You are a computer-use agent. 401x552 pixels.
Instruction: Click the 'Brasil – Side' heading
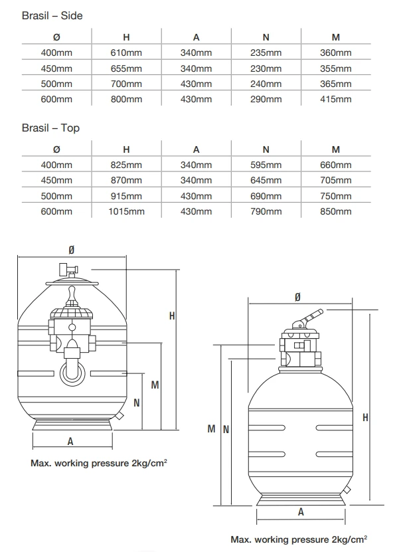[x=52, y=15]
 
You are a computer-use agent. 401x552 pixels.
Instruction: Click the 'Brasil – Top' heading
[x=50, y=128]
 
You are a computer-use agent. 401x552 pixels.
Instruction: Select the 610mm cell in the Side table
[x=126, y=52]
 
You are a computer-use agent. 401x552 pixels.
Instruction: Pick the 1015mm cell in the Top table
[x=126, y=212]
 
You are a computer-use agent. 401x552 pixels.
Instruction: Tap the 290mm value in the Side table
[x=266, y=99]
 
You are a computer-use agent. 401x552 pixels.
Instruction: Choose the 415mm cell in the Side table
[x=335, y=99]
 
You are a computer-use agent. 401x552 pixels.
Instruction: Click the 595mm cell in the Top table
[x=266, y=165]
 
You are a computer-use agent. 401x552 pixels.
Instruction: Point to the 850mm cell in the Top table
[x=335, y=212]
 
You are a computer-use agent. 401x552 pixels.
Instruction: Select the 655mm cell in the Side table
[x=126, y=68]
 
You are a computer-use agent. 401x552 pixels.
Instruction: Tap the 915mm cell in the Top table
[x=126, y=196]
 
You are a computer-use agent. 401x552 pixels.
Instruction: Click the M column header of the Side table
[x=335, y=37]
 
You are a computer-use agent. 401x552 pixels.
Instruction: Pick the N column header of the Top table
[x=266, y=150]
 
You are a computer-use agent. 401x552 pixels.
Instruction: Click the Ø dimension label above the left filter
[x=72, y=249]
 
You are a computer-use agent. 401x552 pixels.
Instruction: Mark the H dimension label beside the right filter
[x=366, y=416]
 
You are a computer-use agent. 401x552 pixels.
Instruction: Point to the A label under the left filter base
[x=70, y=441]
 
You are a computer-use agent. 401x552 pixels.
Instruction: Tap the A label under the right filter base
[x=301, y=511]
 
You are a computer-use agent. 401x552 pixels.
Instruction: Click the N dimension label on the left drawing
[x=136, y=403]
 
